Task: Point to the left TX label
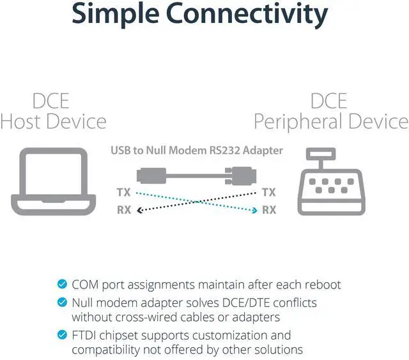124,192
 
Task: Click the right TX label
269,192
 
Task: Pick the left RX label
124,210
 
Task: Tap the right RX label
269,210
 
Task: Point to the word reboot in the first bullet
322,284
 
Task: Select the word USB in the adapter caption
121,151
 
